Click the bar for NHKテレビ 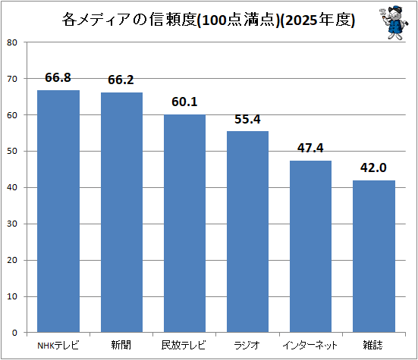pos(58,211)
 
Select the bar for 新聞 pos(121,212)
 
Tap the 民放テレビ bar pos(184,224)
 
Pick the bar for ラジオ pos(247,232)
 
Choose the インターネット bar pos(310,246)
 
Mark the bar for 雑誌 pos(374,256)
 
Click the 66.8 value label pos(58,77)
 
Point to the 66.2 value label pos(121,80)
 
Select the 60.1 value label pos(184,102)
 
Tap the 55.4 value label pos(247,119)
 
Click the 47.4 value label pos(310,148)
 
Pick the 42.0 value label pos(373,167)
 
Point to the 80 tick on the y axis pos(12,42)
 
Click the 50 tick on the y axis pos(12,151)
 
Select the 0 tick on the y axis pos(14,333)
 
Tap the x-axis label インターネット pos(310,346)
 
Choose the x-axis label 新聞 pos(121,345)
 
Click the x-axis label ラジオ pos(247,346)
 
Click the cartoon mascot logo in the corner pos(394,23)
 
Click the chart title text pos(209,20)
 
